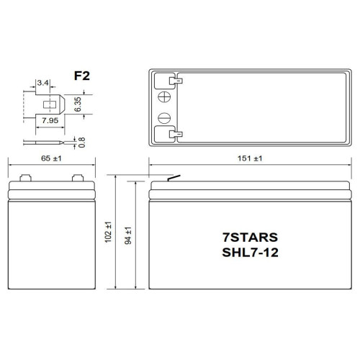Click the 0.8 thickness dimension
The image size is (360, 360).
pos(89,143)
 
